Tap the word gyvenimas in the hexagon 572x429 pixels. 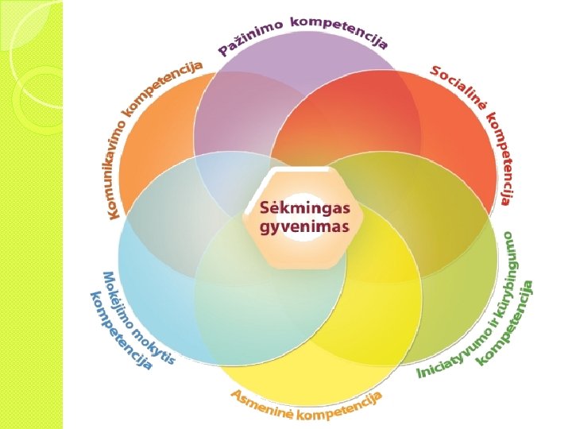306,227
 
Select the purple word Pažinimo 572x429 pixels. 250,39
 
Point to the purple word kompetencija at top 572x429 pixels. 339,29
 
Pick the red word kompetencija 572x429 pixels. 501,159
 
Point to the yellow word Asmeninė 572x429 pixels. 261,403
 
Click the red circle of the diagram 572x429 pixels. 445,135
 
